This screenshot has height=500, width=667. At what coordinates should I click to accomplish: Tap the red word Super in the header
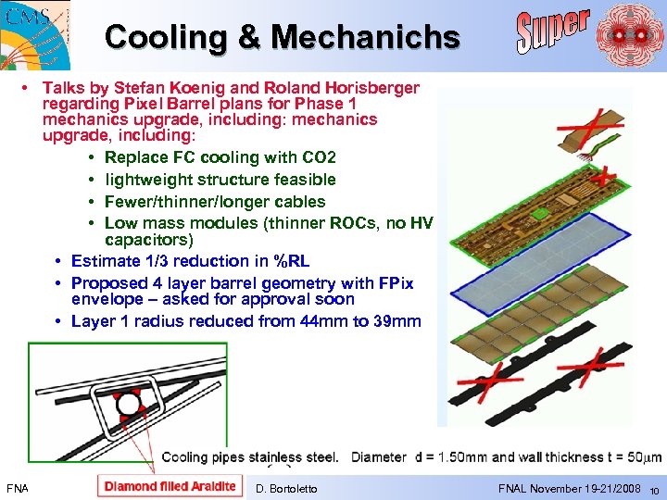click(x=553, y=31)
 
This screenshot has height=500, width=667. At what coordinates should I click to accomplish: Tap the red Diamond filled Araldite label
click(x=170, y=486)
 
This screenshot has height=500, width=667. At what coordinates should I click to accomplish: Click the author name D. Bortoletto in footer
click(x=285, y=488)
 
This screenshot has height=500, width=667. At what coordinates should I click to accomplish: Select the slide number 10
click(x=653, y=490)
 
